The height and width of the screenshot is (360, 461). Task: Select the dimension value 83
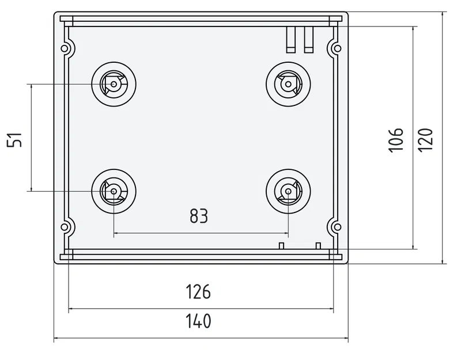198,216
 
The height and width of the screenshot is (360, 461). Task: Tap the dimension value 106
395,139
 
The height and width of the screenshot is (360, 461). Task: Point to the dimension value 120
425,139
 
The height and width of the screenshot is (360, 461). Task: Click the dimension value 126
198,292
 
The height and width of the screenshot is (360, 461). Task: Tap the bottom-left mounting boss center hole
114,190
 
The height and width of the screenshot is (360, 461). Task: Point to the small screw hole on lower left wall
67,226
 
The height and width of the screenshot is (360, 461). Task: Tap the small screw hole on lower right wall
335,226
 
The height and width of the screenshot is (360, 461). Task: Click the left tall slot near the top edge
292,39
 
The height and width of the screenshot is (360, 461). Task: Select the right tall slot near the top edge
309,39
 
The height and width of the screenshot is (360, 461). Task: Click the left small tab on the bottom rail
281,246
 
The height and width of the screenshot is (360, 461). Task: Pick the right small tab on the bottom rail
318,246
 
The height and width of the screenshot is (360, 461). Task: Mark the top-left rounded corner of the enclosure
56,14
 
